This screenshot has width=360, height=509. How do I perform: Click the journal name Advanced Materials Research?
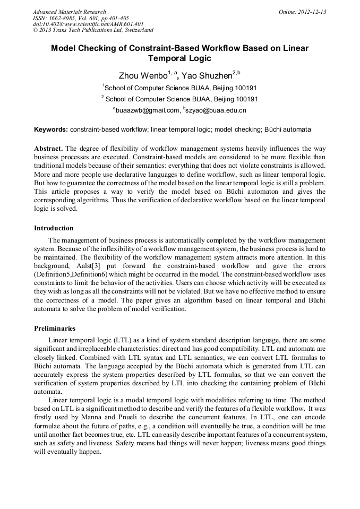pyautogui.click(x=69, y=12)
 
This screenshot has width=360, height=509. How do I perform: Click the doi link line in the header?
pyautogui.click(x=88, y=24)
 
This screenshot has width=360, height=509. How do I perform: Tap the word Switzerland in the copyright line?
pyautogui.click(x=136, y=31)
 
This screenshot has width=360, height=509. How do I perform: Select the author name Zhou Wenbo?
pyautogui.click(x=139, y=76)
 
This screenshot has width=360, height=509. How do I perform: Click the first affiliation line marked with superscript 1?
pyautogui.click(x=180, y=88)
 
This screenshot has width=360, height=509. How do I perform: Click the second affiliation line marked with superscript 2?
pyautogui.click(x=180, y=99)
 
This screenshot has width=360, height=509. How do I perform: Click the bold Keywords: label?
pyautogui.click(x=51, y=130)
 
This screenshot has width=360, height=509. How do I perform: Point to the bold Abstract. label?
pyautogui.click(x=49, y=148)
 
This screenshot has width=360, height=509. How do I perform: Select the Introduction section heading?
pyautogui.click(x=54, y=228)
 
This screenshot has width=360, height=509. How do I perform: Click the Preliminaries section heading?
pyautogui.click(x=55, y=329)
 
